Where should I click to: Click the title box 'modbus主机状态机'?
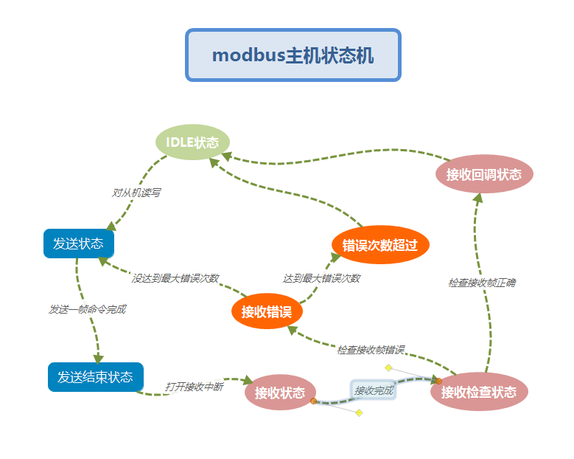[293, 55]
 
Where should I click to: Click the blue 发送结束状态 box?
[96, 377]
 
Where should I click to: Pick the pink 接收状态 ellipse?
[280, 393]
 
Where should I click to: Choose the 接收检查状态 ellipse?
[479, 393]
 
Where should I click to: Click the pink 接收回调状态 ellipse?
[484, 175]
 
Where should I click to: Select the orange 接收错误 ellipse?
[267, 311]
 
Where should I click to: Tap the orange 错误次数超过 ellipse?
[380, 245]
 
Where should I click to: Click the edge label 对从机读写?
[136, 193]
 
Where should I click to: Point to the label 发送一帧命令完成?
[88, 309]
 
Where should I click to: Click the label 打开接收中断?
[194, 386]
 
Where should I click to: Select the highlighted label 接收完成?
[374, 390]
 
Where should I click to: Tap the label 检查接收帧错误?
[371, 349]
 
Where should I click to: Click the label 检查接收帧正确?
[482, 283]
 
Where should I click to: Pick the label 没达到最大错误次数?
[175, 278]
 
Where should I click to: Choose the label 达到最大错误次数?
[321, 278]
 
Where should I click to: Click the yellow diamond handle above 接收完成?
[388, 367]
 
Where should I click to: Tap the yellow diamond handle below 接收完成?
[359, 413]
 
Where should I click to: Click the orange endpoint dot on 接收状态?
[313, 401]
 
